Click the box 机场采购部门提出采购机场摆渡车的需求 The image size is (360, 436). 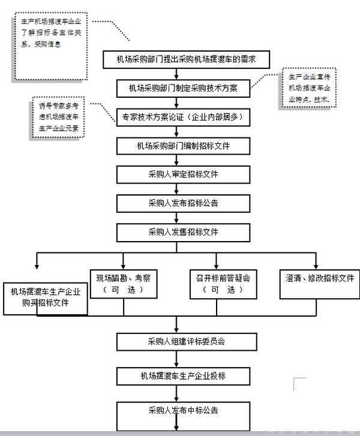pos(186,59)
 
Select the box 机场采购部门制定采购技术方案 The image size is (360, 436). pos(183,88)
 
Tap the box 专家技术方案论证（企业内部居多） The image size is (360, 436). pos(183,118)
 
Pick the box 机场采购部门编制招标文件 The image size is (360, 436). pos(183,146)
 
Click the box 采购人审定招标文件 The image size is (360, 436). pos(183,175)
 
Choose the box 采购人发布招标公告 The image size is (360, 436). pos(183,203)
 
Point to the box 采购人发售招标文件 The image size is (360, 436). pos(183,231)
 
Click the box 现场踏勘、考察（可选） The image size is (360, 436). pos(123,283)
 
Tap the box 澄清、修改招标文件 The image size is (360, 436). pos(316,279)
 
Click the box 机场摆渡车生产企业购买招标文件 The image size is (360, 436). pos(46,297)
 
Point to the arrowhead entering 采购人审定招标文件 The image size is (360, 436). pos(177,163)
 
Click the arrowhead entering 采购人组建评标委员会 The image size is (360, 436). pos(177,330)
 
